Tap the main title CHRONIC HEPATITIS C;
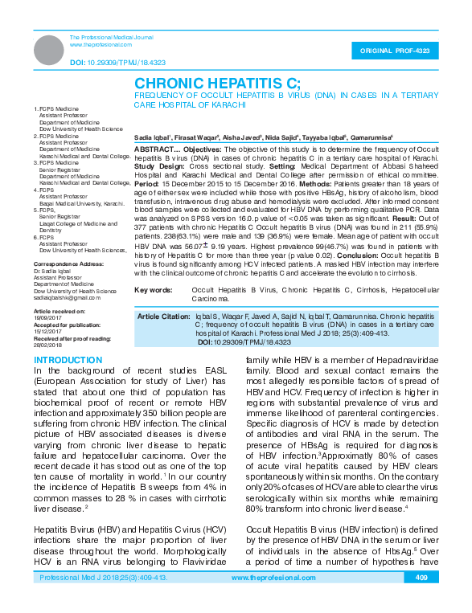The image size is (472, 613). point(217,84)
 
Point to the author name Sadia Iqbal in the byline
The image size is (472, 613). point(153,138)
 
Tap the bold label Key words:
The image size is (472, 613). point(153,289)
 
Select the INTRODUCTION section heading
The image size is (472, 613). point(69,360)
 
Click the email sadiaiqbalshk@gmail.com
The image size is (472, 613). point(68,297)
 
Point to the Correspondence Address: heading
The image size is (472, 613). point(68,264)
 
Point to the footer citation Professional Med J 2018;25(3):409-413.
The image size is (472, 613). point(104,600)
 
